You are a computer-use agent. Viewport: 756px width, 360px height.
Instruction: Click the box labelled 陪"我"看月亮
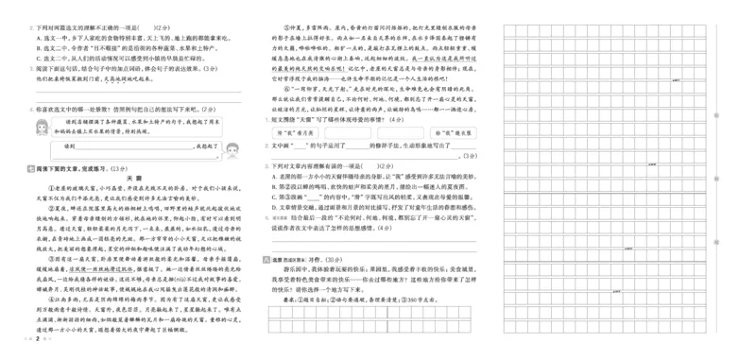(287, 133)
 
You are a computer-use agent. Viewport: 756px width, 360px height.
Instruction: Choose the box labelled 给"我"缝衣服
(455, 133)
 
